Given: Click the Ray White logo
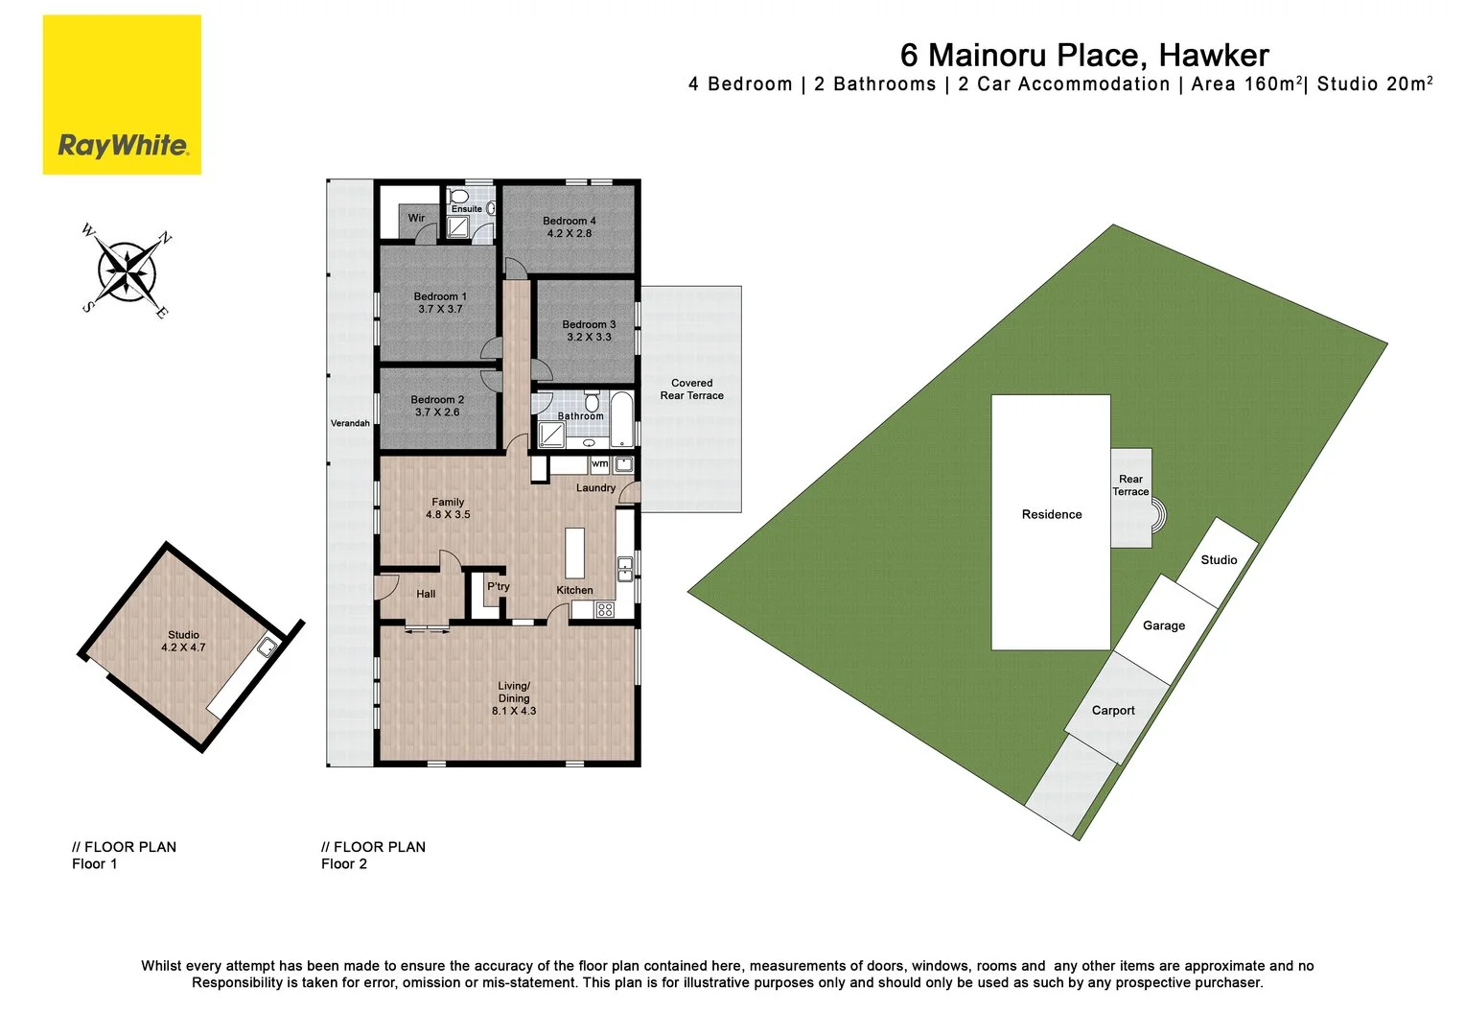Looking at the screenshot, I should point(122,95).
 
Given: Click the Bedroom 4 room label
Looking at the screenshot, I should point(569,222).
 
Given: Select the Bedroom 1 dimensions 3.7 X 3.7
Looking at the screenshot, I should point(440,310).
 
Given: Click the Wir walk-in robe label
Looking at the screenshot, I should point(416,219).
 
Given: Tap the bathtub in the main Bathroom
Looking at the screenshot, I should point(622,418).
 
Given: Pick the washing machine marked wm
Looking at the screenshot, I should point(599,464).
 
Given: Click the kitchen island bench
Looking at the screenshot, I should point(575,550).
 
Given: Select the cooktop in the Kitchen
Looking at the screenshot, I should point(604,609).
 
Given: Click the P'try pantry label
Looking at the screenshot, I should point(498,587).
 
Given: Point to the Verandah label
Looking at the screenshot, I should point(350,423).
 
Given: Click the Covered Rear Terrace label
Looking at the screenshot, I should point(691,389).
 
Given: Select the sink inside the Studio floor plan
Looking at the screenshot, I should point(269,648).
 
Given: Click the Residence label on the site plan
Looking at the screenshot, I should point(1051,515).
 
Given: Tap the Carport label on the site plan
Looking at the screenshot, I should point(1112,711).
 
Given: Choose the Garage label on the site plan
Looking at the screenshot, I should point(1163,626).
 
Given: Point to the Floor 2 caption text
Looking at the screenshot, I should point(343,864).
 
